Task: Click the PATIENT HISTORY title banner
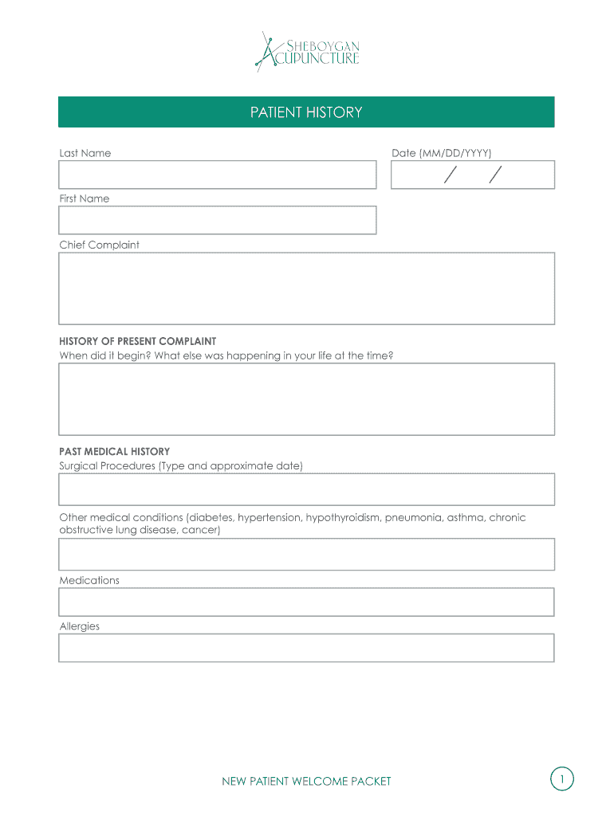pos(306,112)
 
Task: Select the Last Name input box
pos(217,175)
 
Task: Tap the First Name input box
pos(217,220)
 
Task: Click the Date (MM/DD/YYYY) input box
pos(472,175)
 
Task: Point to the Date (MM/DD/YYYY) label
pos(441,153)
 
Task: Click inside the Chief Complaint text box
pos(306,288)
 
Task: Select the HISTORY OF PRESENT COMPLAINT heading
pos(137,341)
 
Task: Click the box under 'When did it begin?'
pos(306,399)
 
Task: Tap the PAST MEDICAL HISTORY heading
pos(114,451)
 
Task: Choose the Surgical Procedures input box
pos(306,489)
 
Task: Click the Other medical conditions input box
pos(306,554)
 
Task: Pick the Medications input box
pos(306,602)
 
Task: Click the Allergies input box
pos(306,648)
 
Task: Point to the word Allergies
pos(80,626)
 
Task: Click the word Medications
pos(89,580)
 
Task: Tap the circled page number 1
pos(561,779)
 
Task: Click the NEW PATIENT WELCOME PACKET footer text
pos(306,782)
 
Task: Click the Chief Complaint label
pos(99,245)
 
